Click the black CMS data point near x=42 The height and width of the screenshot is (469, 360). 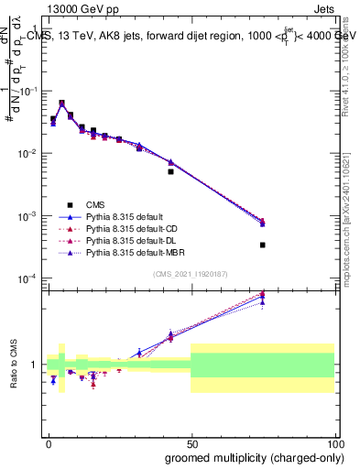click(x=170, y=171)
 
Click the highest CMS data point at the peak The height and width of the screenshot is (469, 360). click(x=61, y=104)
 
